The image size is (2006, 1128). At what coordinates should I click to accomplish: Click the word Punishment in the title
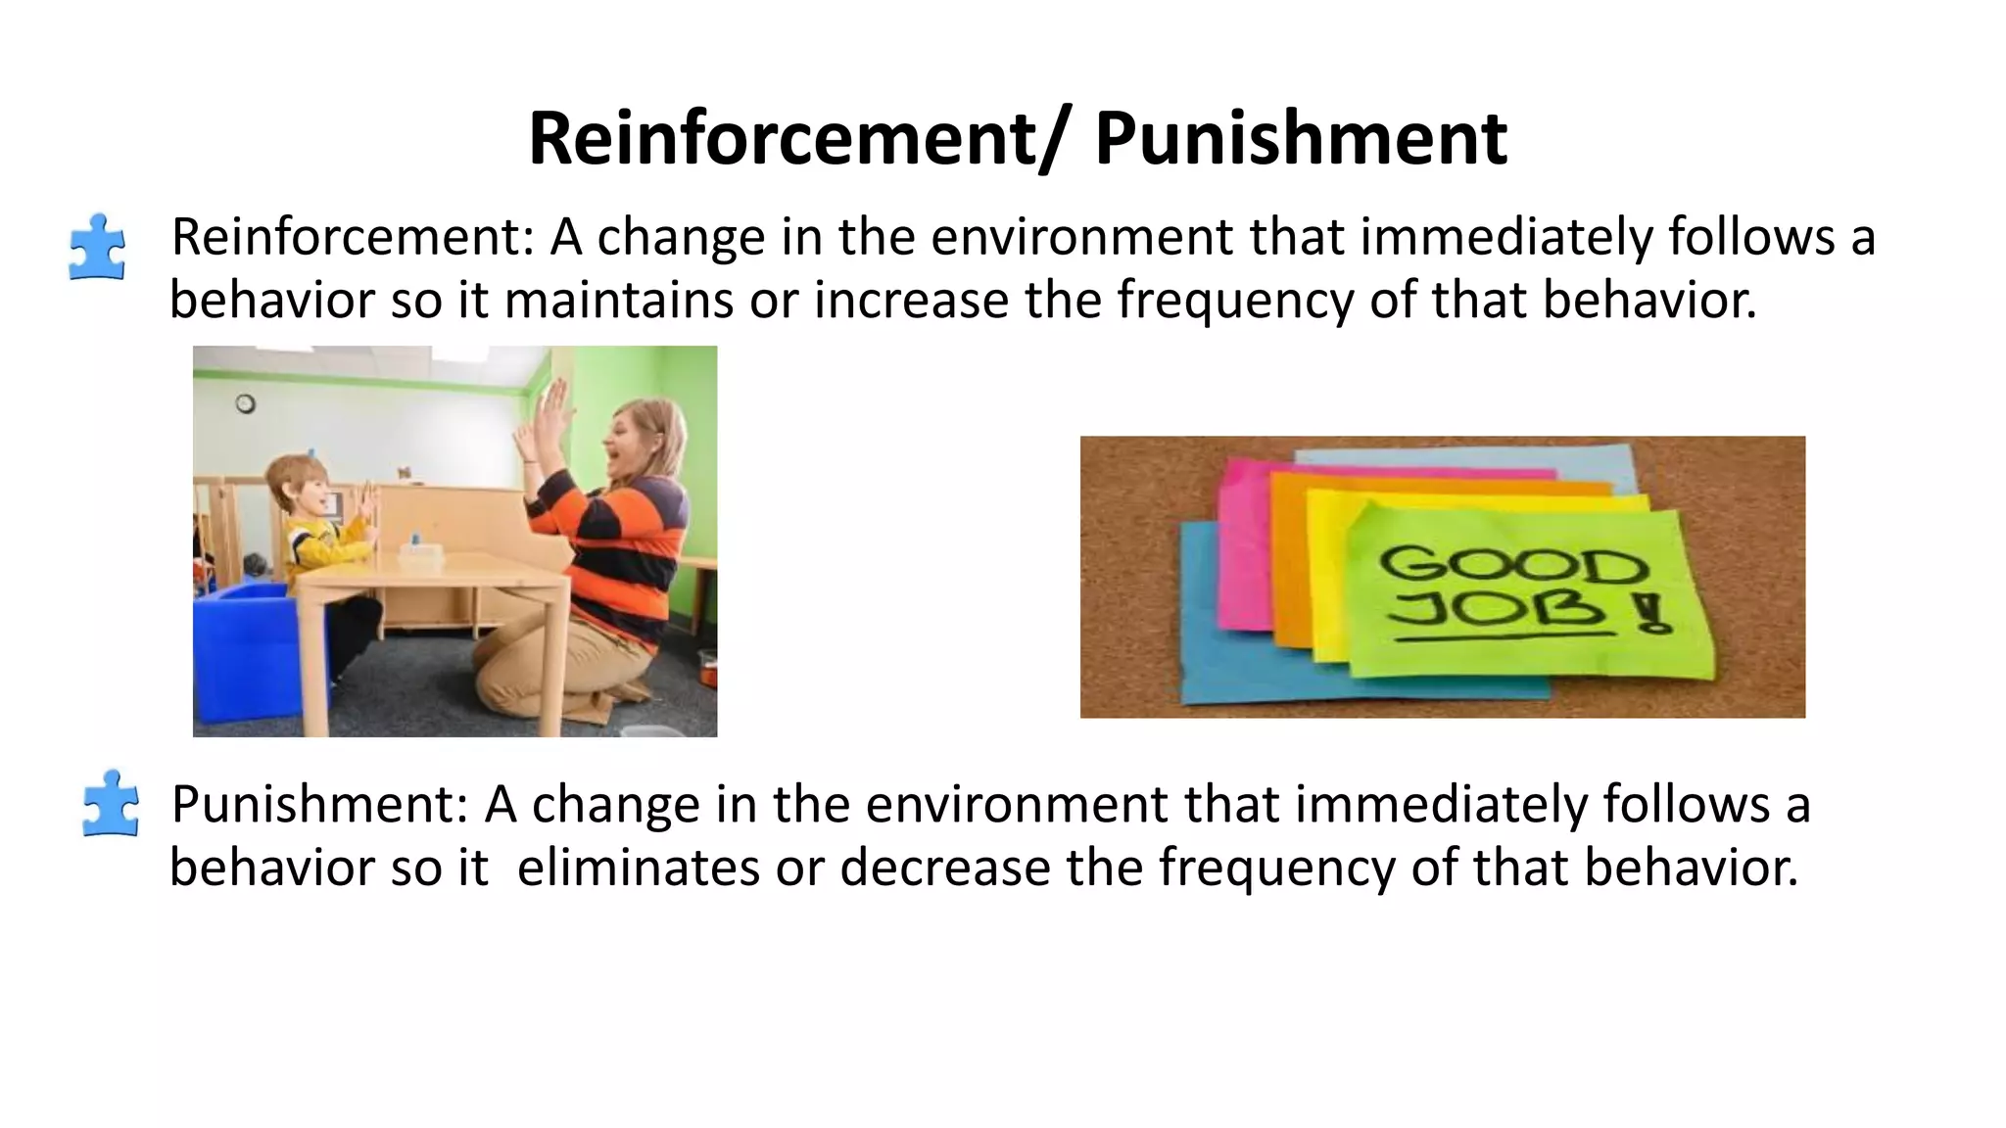[x=1300, y=139]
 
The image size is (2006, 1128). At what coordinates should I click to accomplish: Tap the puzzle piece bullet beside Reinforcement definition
[x=97, y=247]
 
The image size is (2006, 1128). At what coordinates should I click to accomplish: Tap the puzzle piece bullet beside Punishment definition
[x=111, y=804]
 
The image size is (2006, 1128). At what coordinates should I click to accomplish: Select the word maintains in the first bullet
[x=618, y=300]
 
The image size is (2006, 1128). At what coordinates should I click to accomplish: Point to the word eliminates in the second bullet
[x=638, y=868]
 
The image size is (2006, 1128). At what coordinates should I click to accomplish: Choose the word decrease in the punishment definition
[x=944, y=868]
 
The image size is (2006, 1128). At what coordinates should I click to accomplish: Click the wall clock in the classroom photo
[x=246, y=403]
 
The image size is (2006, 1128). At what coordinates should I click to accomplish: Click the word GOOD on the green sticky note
[x=1512, y=565]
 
